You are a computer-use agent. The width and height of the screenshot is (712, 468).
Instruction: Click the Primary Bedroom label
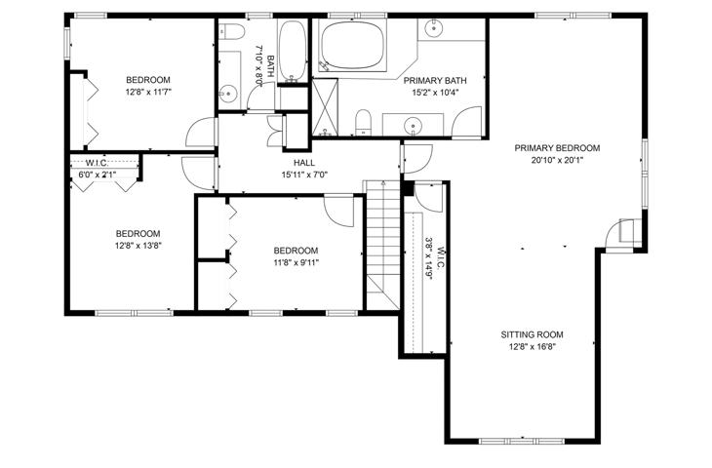[x=557, y=148]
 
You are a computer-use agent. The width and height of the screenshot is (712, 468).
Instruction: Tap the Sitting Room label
[x=532, y=335]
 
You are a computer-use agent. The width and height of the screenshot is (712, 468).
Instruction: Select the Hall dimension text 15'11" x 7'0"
[x=304, y=174]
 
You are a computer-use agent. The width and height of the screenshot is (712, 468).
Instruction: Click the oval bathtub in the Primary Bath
[x=352, y=46]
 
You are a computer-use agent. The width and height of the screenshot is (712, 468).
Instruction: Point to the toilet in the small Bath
[x=232, y=31]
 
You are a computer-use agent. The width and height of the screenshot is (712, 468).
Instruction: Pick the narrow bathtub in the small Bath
[x=293, y=51]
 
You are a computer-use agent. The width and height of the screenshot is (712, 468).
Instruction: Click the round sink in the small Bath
[x=228, y=95]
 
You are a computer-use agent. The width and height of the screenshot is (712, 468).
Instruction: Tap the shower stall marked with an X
[x=325, y=107]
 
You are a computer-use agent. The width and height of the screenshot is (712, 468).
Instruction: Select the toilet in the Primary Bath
[x=363, y=122]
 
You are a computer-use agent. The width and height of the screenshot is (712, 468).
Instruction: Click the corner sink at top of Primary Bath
[x=434, y=28]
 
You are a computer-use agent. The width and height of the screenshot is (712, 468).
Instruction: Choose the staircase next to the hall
[x=383, y=245]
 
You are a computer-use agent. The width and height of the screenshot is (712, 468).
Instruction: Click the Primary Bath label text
[x=435, y=81]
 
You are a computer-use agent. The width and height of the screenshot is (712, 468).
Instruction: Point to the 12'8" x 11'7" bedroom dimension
[x=148, y=92]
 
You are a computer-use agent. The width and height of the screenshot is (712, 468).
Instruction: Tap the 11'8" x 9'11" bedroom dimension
[x=297, y=262]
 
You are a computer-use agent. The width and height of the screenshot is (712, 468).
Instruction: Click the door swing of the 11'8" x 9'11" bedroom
[x=339, y=211]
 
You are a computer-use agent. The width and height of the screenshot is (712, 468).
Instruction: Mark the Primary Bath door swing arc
[x=466, y=122]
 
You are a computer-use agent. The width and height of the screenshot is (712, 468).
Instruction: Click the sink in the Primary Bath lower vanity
[x=413, y=125]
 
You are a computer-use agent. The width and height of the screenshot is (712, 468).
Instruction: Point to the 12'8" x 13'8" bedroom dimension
[x=138, y=246]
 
